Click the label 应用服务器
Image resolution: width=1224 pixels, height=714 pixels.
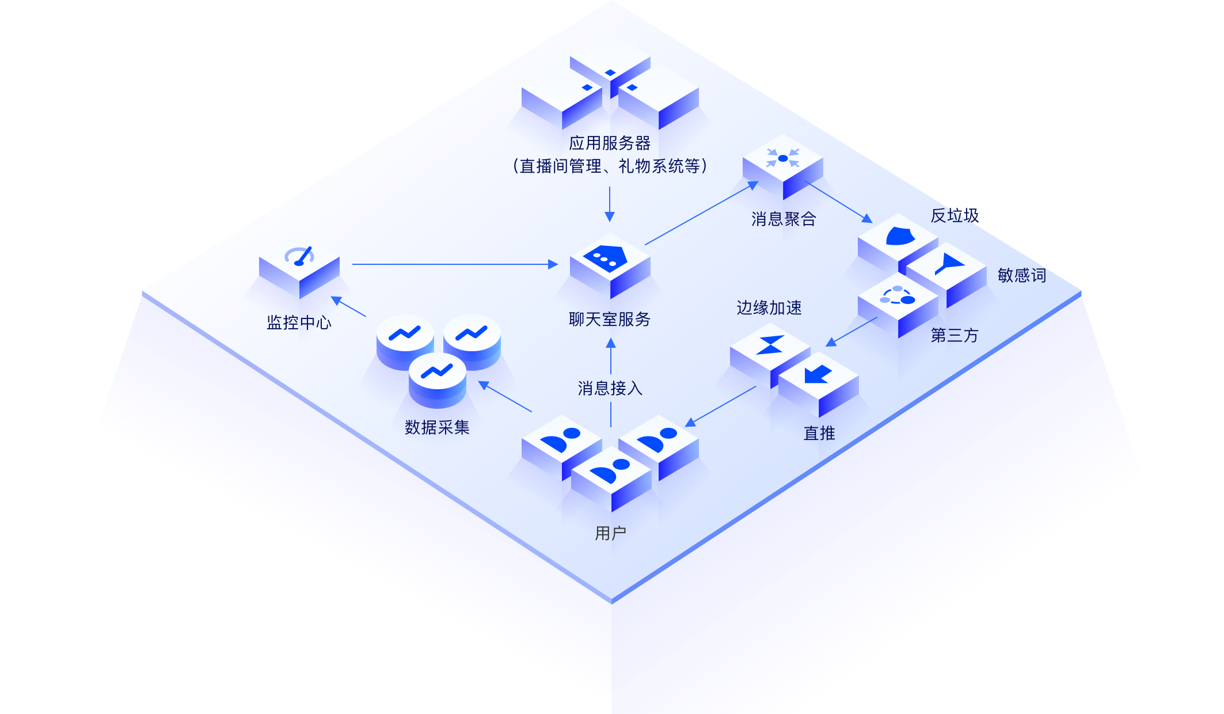(610, 143)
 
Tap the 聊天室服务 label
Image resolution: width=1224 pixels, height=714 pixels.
(610, 319)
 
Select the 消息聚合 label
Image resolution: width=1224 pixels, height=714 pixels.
(784, 219)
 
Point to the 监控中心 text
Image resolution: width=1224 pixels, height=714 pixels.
(299, 322)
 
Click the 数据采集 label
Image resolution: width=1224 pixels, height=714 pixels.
(437, 427)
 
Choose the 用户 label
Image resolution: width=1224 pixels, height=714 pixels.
(610, 533)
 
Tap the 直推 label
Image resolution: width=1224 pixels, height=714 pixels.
(819, 433)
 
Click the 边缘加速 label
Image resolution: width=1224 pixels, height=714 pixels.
(769, 308)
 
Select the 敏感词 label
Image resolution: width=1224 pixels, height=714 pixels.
(1022, 275)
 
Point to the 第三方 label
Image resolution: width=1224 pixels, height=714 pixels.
(955, 335)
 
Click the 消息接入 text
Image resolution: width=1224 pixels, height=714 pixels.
(610, 388)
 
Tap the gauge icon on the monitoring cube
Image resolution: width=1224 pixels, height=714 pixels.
(300, 256)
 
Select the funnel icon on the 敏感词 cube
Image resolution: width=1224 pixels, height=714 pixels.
(948, 265)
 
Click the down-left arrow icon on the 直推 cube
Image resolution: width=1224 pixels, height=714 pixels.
(818, 374)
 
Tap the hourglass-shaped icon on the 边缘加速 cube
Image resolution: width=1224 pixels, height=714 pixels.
(770, 344)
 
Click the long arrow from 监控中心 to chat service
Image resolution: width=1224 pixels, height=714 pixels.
(455, 264)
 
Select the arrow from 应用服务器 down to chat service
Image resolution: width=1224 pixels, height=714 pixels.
(610, 204)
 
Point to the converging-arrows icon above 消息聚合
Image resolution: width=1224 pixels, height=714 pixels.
(782, 158)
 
